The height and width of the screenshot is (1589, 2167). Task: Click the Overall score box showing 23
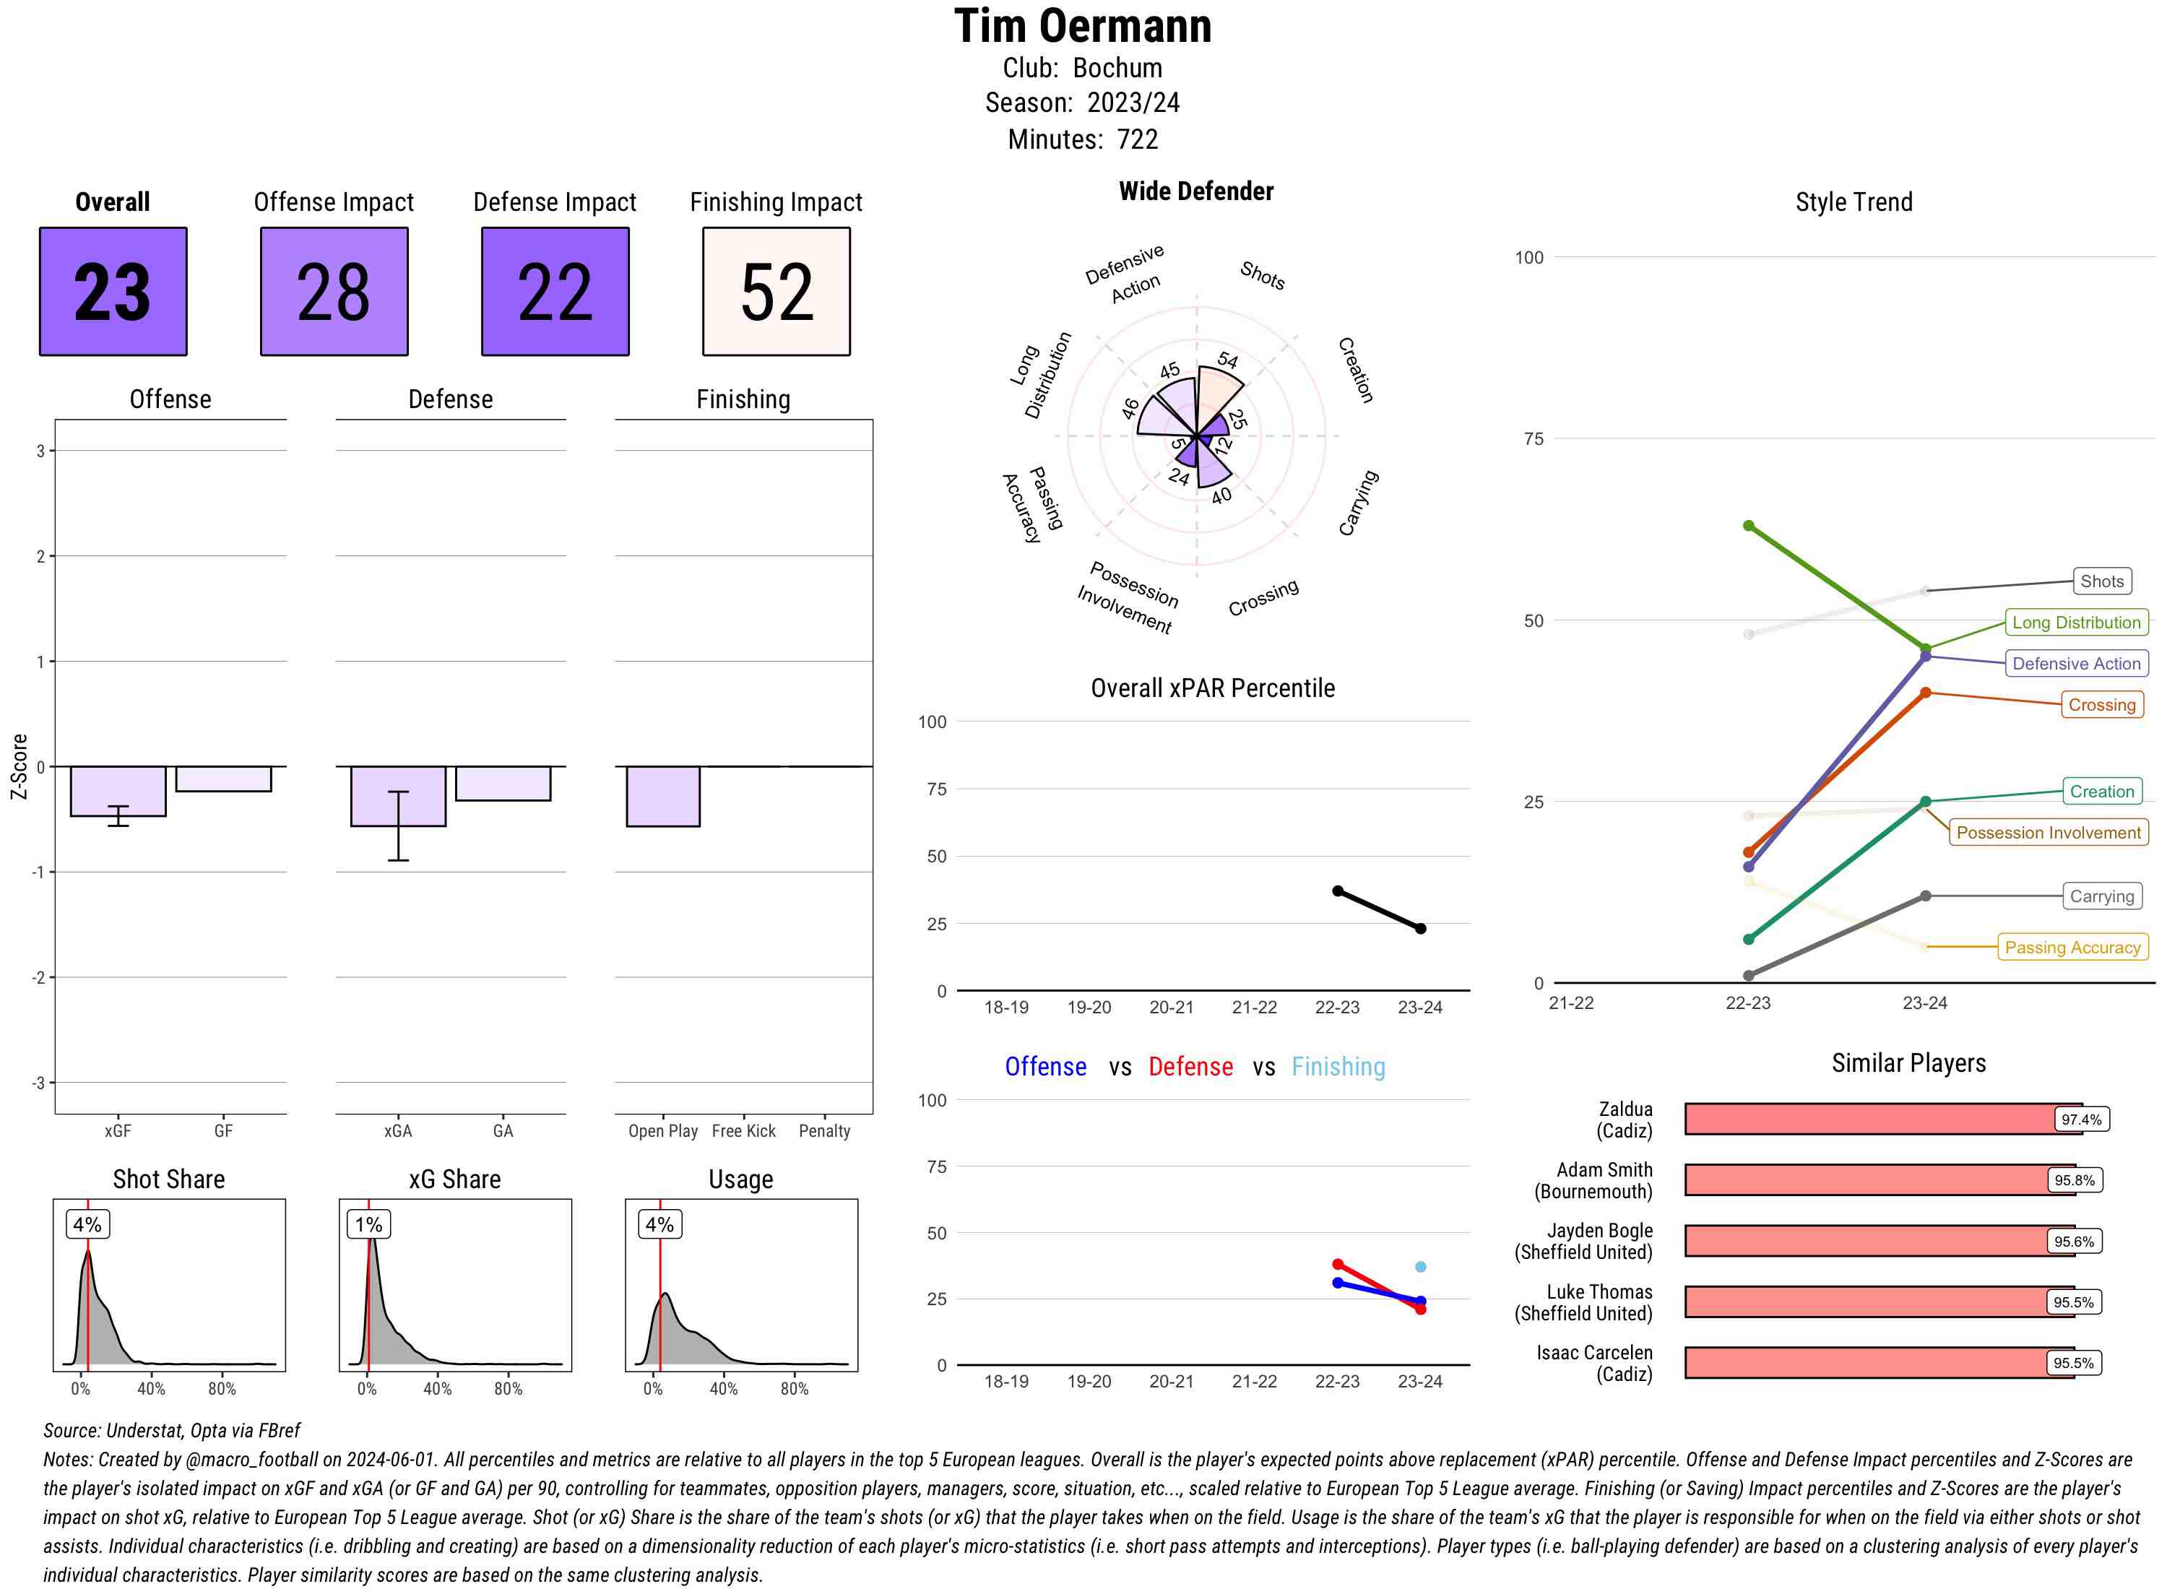[113, 292]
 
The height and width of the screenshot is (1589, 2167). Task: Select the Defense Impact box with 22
[555, 292]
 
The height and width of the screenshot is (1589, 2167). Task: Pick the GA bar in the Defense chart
[502, 783]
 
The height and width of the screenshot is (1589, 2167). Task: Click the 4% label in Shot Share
[87, 1224]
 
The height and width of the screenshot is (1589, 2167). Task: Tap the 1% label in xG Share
[368, 1224]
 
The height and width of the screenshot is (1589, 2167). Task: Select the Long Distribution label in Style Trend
[2076, 623]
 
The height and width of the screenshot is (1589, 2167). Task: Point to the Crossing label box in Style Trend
[2101, 705]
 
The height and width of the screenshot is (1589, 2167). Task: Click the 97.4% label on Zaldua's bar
[2080, 1120]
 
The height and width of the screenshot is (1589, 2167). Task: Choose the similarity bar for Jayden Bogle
[1866, 1241]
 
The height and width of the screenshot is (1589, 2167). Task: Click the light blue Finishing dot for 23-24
[1421, 1267]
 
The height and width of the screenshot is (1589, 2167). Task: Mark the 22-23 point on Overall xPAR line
[1338, 891]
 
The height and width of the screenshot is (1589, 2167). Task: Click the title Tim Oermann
[1082, 26]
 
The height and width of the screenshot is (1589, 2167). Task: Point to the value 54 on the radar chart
[1227, 360]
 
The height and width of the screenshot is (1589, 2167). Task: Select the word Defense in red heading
[1190, 1067]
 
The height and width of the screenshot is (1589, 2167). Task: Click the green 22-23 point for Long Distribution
[1749, 526]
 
